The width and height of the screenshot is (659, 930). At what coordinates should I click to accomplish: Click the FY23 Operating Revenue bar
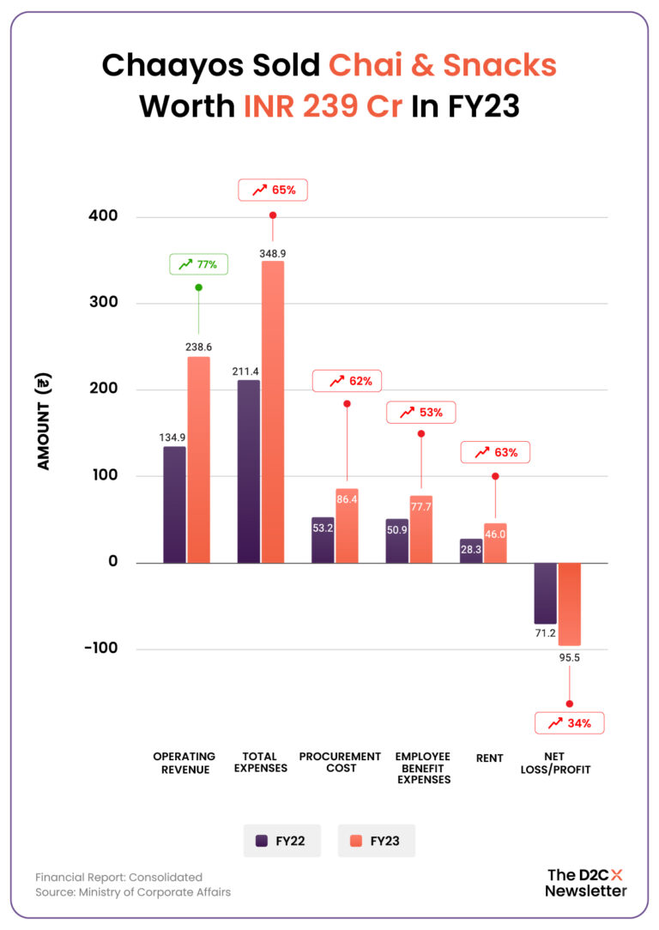(198, 459)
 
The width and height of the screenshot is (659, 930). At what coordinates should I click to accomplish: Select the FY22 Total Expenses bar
(249, 471)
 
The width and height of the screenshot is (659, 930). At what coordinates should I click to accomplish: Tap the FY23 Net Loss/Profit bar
(569, 604)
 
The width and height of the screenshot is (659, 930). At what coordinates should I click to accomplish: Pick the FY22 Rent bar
(471, 551)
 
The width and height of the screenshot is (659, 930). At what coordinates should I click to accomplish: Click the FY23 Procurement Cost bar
(347, 526)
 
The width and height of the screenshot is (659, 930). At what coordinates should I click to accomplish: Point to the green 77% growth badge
(198, 265)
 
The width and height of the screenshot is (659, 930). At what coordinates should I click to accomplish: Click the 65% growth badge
(272, 190)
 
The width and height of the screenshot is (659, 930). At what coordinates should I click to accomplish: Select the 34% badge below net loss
(569, 723)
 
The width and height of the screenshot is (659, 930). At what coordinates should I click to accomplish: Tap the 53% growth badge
(420, 413)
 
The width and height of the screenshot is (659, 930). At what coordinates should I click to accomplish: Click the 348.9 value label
(272, 253)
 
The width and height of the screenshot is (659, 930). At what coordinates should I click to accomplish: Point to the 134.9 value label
(173, 438)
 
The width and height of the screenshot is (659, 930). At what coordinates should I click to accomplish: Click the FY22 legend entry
(281, 841)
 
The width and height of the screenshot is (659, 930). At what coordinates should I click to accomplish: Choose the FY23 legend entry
(376, 841)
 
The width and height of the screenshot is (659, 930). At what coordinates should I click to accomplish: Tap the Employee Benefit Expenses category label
(422, 768)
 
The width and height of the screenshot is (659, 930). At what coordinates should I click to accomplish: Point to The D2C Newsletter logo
(586, 882)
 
